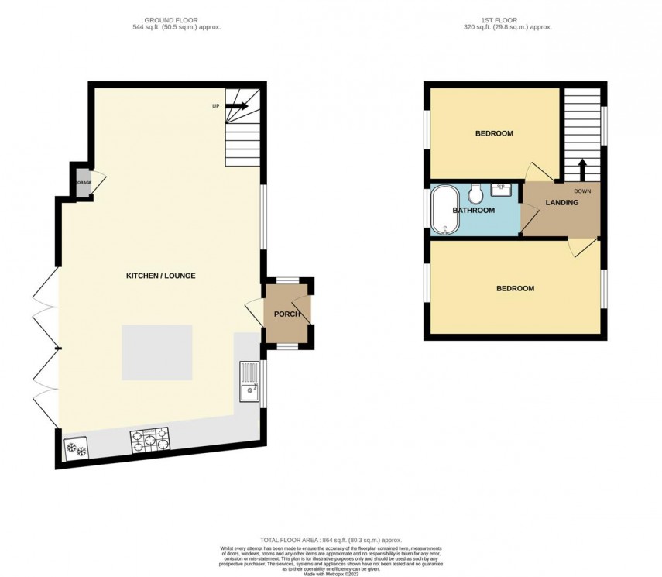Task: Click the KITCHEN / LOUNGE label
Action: point(161,276)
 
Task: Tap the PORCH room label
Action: point(286,314)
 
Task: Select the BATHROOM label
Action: point(473,211)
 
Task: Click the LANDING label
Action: point(561,203)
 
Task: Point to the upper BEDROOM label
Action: point(494,133)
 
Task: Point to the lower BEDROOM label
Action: point(515,288)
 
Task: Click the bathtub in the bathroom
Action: point(445,209)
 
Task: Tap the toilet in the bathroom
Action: point(477,191)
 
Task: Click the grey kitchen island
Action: point(156,352)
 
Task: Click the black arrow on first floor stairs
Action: point(581,169)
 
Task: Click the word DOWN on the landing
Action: point(583,191)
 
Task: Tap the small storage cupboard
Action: point(83,182)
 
